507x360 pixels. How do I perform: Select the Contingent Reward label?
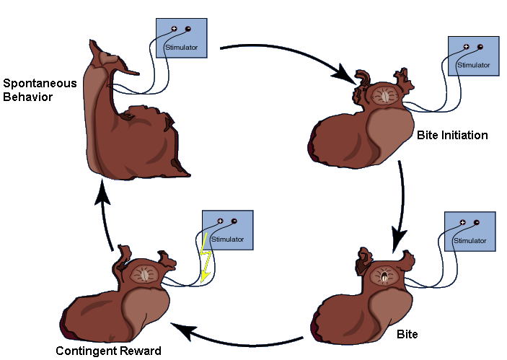point(108,351)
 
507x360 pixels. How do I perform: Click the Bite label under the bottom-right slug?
point(407,335)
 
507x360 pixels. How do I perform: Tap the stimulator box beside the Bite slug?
point(469,232)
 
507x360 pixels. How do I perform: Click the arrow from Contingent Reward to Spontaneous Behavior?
point(106,216)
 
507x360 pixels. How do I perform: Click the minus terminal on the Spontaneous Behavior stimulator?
point(188,29)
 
